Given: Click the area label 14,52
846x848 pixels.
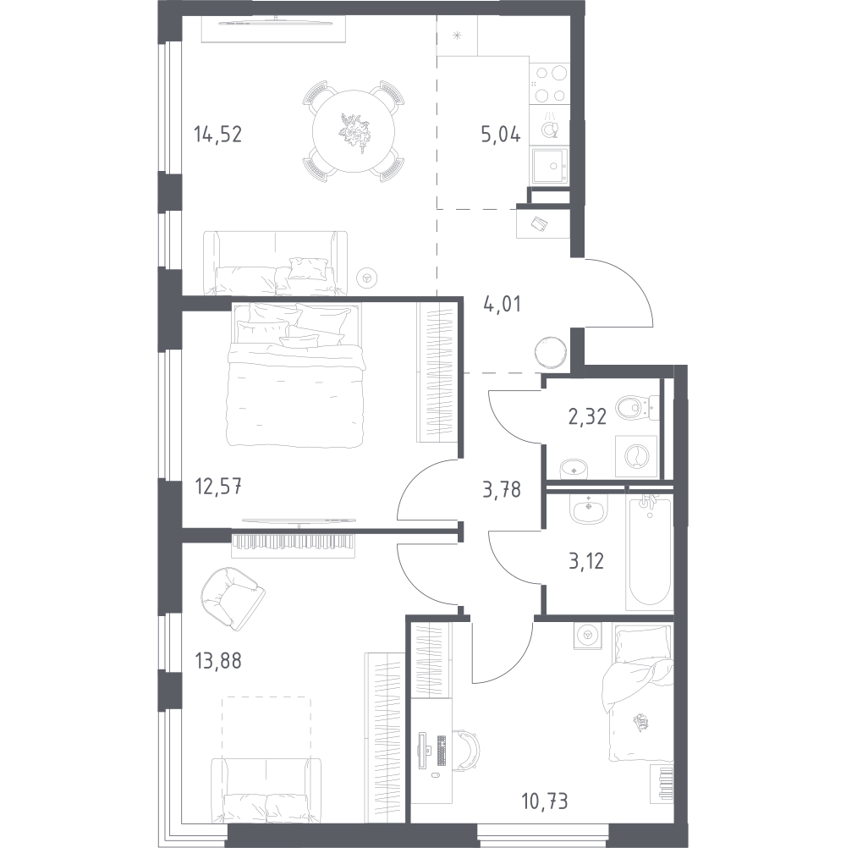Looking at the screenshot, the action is [x=218, y=134].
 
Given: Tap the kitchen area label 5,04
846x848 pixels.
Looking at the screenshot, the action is [x=501, y=134].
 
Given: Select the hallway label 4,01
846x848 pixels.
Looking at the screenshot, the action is [x=502, y=305].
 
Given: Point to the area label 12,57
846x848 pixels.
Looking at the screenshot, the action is [x=218, y=487].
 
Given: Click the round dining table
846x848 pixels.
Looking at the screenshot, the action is [x=354, y=131].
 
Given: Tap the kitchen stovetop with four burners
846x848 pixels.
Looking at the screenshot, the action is [x=550, y=84].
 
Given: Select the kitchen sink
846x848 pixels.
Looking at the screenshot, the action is [x=550, y=166].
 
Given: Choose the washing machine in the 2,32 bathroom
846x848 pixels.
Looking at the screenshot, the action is [x=636, y=457].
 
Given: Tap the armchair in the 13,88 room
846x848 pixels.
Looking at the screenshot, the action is [x=232, y=597].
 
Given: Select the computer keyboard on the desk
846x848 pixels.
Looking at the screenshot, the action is [x=441, y=751].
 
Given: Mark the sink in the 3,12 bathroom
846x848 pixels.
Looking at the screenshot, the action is [x=589, y=509].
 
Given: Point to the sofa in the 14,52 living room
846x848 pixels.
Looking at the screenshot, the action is [x=276, y=263].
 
